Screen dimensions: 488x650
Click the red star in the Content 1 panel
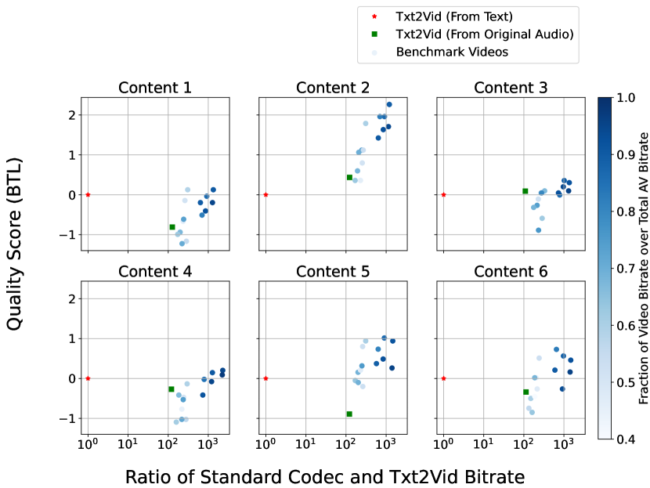click(x=88, y=194)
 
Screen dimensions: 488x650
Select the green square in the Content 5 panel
click(x=349, y=414)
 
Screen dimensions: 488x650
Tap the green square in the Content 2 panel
click(x=349, y=177)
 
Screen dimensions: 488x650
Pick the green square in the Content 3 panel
click(x=525, y=191)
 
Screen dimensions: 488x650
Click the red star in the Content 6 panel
click(x=443, y=378)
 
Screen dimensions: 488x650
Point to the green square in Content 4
click(x=171, y=389)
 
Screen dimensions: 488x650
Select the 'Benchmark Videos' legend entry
click(x=452, y=52)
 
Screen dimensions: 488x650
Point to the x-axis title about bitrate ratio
click(x=324, y=475)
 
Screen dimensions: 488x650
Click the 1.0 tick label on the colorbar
click(x=627, y=99)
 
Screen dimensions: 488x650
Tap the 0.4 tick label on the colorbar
click(x=627, y=439)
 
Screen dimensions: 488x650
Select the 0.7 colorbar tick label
click(x=627, y=269)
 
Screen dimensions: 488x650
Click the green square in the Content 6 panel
click(x=525, y=392)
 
